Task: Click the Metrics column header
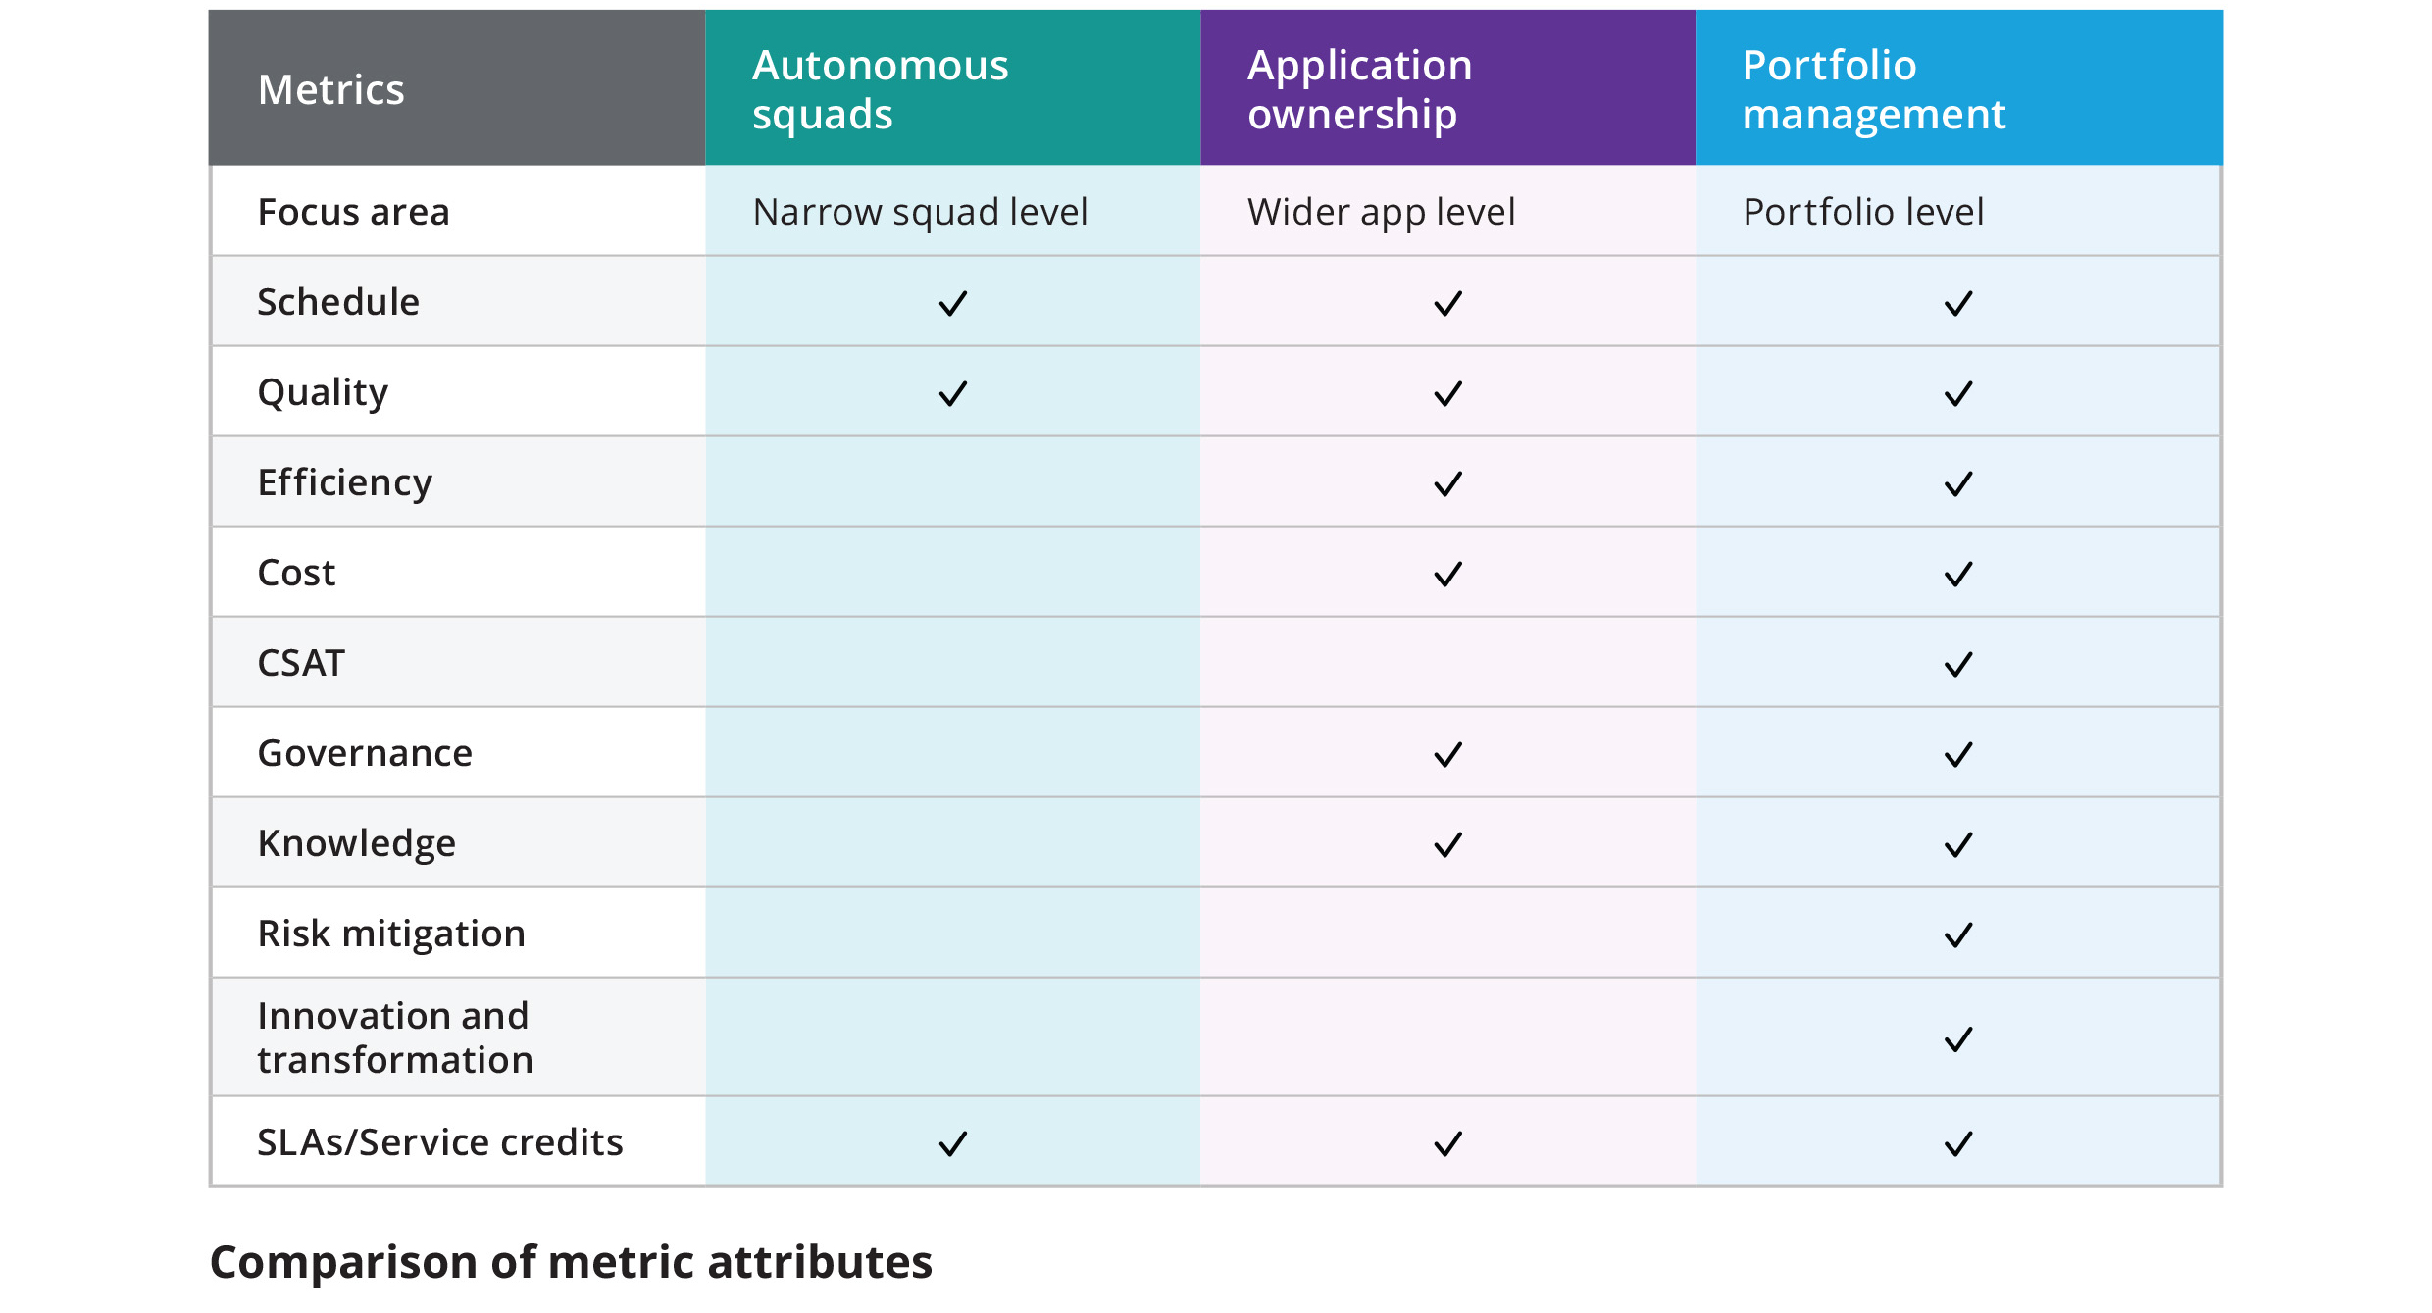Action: (330, 89)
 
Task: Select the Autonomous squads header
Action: (880, 89)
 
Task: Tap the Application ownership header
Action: (1359, 89)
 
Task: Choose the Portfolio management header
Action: (1873, 89)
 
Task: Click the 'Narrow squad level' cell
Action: (920, 212)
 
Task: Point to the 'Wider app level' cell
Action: (1381, 212)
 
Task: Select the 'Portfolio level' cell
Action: (1862, 212)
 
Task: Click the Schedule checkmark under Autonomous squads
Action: (953, 303)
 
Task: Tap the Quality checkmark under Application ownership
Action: (1447, 394)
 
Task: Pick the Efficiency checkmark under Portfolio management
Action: (1958, 484)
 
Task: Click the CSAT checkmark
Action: (1958, 665)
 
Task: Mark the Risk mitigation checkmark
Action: (1958, 935)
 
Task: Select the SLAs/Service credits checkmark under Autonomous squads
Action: (953, 1143)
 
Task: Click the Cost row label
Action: (296, 573)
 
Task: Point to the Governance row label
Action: (365, 753)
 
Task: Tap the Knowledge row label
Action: (356, 843)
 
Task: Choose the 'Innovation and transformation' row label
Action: (394, 1037)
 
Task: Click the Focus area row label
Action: (353, 212)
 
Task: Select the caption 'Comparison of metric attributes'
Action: (571, 1262)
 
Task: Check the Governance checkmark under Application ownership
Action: (1447, 755)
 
